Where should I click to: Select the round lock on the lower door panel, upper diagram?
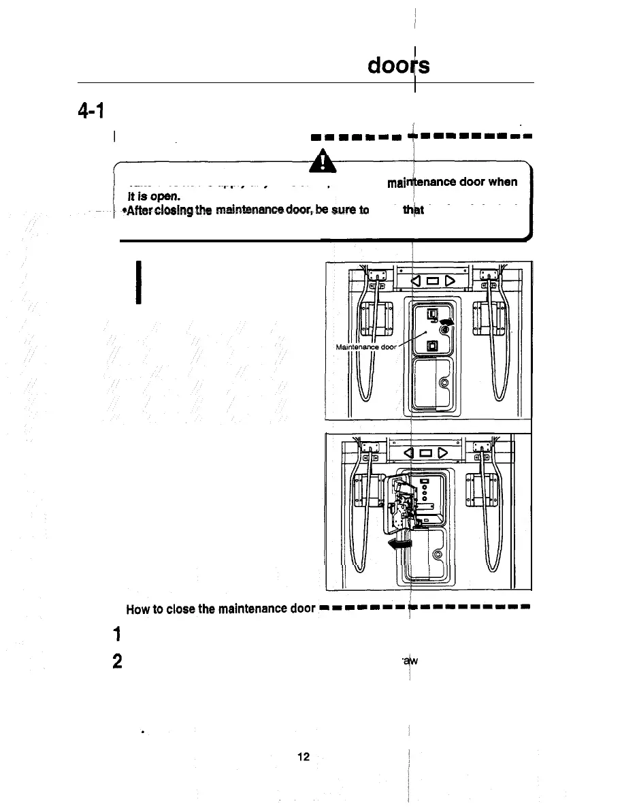tap(444, 383)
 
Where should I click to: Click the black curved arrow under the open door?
tap(399, 543)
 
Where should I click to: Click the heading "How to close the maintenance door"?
tap(220, 608)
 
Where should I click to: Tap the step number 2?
tap(118, 662)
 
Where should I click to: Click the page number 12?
tap(304, 756)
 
